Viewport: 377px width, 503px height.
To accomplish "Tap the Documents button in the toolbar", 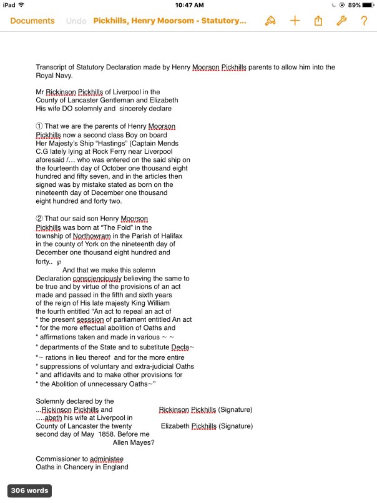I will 32,21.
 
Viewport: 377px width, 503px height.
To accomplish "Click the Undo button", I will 76,21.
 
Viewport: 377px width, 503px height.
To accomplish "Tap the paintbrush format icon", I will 270,21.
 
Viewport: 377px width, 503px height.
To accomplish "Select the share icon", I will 318,21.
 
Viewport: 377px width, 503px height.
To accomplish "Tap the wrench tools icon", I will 341,21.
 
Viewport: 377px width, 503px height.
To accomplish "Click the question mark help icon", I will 364,21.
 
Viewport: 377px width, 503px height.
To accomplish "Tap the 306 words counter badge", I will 29,491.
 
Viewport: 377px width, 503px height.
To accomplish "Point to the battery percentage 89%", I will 354,5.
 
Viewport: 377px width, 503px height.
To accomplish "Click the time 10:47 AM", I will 188,5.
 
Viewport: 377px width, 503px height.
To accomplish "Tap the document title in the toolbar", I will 170,21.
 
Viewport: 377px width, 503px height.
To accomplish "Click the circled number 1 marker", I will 39,127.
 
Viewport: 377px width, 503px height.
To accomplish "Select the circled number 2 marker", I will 39,219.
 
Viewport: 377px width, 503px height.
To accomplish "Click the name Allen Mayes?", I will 134,442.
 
